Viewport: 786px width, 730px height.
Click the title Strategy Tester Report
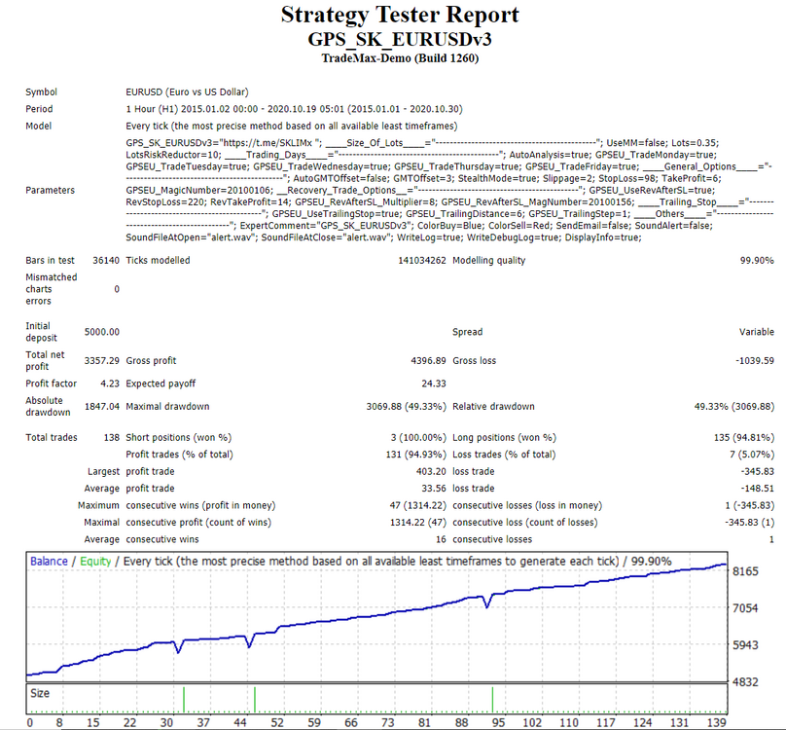tap(400, 15)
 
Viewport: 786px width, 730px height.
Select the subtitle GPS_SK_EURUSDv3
tap(400, 39)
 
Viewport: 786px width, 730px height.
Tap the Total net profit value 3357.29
tap(102, 361)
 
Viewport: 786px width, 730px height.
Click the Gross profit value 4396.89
tap(428, 361)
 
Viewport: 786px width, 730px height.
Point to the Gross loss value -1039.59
tap(755, 361)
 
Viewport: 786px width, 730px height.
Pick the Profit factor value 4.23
tap(110, 383)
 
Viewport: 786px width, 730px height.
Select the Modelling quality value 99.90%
tap(757, 261)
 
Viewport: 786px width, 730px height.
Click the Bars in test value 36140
tap(106, 261)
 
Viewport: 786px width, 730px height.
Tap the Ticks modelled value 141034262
tap(422, 261)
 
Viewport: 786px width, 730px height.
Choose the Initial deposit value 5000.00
tap(102, 332)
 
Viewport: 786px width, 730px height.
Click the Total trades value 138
tap(111, 437)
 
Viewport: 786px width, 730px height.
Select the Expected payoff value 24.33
tap(434, 383)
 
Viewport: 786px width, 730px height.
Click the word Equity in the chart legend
tap(95, 562)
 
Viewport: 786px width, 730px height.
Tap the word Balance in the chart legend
tap(49, 562)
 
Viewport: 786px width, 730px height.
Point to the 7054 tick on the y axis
tap(745, 608)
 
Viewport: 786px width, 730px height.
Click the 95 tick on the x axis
tap(498, 722)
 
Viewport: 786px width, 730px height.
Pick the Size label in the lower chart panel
tap(40, 693)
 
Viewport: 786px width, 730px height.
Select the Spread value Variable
tap(757, 332)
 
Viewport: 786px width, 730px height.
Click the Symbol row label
tap(41, 92)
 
